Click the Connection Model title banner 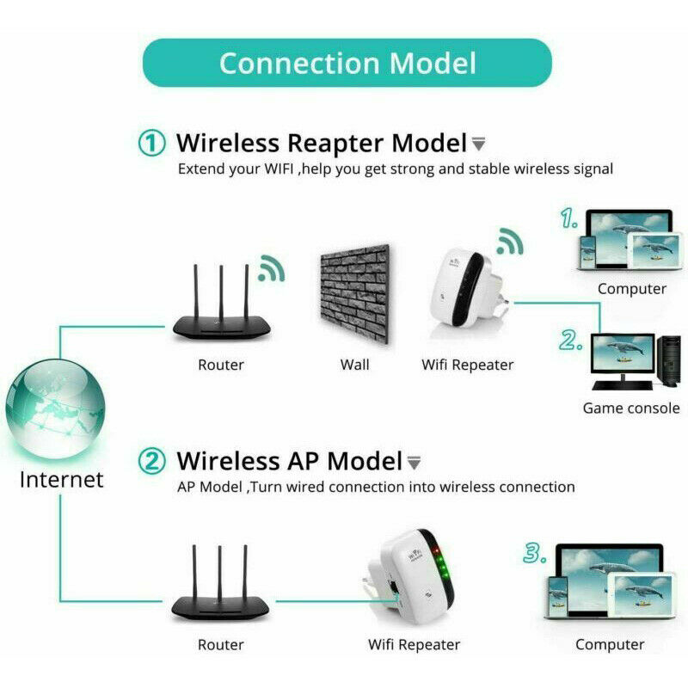click(346, 63)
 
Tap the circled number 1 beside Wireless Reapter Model click(152, 143)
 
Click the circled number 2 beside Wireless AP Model click(152, 461)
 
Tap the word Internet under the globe click(61, 479)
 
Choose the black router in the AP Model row click(220, 589)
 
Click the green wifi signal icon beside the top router click(272, 268)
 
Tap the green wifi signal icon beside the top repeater click(511, 243)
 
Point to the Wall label click(354, 365)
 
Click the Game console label click(631, 408)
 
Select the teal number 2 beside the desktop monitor click(571, 341)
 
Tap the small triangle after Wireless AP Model click(414, 463)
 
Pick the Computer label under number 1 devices click(632, 289)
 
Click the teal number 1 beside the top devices click(568, 220)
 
